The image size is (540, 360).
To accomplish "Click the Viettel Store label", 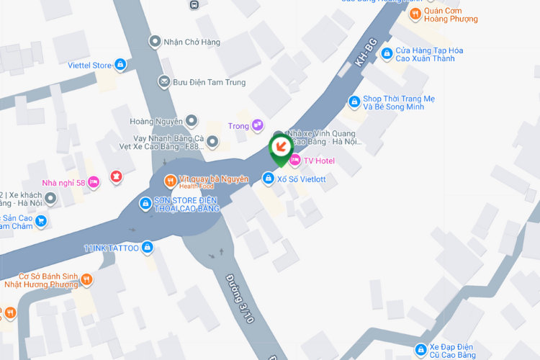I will coord(89,66).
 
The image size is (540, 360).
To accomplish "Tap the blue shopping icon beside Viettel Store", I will coord(120,66).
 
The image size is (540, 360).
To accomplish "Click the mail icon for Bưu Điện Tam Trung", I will coord(164,82).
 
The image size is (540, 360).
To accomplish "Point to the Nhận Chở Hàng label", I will coord(192,41).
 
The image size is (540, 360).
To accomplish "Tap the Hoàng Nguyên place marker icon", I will coord(191,121).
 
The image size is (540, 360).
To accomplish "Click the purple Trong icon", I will coord(257,126).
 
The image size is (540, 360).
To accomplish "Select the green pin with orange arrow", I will coord(280,148).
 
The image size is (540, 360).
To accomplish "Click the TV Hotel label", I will coord(319,161).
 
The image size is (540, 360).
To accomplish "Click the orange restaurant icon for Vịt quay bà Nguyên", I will coord(170,180).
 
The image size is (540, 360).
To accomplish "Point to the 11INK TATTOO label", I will coord(111,248).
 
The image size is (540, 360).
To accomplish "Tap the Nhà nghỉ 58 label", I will coord(63,183).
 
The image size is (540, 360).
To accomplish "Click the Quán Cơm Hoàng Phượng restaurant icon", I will coord(415,14).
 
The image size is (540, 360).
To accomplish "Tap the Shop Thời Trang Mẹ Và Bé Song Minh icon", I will coord(354,102).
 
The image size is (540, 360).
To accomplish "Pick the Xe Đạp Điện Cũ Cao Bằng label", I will coord(452,351).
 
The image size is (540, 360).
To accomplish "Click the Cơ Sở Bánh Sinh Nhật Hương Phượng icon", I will coord(86,279).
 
